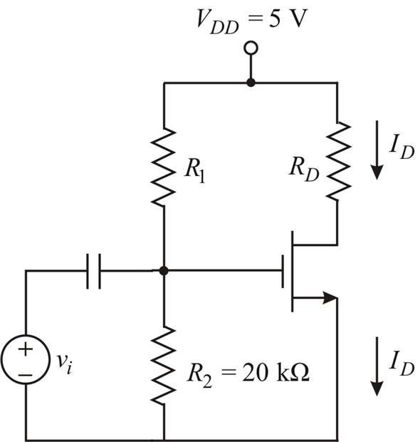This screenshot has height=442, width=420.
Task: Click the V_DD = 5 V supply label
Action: [x=250, y=17]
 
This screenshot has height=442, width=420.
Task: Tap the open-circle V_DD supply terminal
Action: [x=250, y=48]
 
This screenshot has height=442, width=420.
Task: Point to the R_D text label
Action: [x=303, y=170]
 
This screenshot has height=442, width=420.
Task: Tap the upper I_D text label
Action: [x=398, y=146]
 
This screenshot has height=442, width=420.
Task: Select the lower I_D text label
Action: [x=398, y=361]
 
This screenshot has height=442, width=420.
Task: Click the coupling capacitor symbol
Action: [x=93, y=272]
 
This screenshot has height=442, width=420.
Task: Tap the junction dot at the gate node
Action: [x=164, y=271]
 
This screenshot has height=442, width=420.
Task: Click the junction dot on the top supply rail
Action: [x=250, y=83]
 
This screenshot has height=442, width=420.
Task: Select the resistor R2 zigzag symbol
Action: [x=164, y=364]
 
